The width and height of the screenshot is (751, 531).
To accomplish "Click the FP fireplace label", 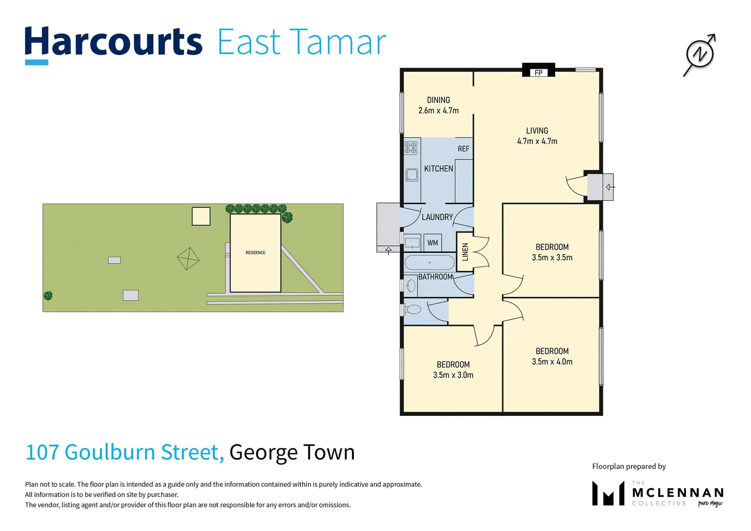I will pos(538,73).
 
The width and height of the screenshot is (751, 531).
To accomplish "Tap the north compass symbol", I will pos(699,54).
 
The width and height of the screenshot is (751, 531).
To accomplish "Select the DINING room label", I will pos(438,100).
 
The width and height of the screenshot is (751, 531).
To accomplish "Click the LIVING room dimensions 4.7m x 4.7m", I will pos(537,141).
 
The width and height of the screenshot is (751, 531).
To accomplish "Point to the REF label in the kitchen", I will pos(463,148).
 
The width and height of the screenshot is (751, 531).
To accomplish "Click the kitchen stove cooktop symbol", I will pos(410,147).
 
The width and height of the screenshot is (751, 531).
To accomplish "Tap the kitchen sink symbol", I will pos(411,175).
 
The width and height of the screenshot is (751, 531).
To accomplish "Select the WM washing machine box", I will pos(433,242).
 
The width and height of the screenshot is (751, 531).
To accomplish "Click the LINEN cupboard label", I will pos(465,252).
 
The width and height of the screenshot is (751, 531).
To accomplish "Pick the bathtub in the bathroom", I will pos(430,262).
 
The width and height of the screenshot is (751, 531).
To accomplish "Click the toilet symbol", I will pos(413,309).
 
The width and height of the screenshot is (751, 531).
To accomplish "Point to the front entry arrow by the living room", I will pos(609,187).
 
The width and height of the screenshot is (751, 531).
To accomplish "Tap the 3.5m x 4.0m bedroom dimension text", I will pos(552,361).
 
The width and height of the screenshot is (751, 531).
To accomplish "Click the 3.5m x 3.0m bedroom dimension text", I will pos(453,375).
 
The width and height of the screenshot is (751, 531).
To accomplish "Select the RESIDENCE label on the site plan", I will pos(255,253).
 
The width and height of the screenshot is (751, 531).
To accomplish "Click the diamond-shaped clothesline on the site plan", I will pos(188,259).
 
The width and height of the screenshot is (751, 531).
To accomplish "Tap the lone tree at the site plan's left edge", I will pos(48,295).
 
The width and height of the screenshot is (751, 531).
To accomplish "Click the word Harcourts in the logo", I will pos(114,42).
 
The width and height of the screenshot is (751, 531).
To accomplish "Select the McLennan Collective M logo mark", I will pos(608,493).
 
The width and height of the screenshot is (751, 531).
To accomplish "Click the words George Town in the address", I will pos(292,452).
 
